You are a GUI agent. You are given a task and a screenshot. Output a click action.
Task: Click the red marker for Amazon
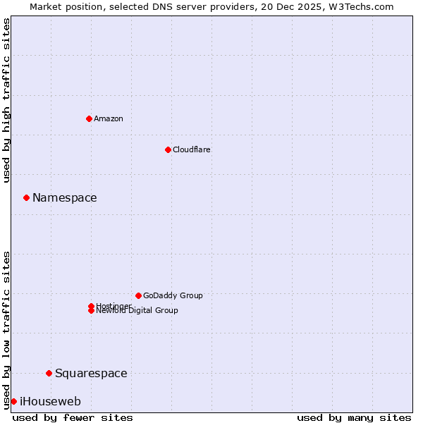(x=89, y=118)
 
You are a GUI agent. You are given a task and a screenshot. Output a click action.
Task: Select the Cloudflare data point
(x=168, y=149)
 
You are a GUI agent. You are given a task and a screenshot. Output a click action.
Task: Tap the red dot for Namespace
(x=26, y=197)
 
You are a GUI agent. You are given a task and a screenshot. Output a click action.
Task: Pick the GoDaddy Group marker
(x=138, y=295)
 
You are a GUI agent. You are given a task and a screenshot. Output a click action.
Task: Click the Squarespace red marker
(x=49, y=373)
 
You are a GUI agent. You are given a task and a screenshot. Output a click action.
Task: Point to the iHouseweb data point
(x=13, y=401)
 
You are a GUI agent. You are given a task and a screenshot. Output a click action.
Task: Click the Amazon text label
(x=109, y=118)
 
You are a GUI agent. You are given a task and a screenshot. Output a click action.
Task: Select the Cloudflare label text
(x=192, y=149)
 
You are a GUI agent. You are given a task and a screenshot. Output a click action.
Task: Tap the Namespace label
(x=65, y=197)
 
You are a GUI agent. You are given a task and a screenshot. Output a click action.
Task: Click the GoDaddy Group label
(x=173, y=295)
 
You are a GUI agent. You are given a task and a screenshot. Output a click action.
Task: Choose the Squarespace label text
(x=91, y=373)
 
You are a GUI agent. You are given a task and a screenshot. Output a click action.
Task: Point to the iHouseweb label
(x=50, y=401)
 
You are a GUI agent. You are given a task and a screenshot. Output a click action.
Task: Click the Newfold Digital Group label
(x=137, y=311)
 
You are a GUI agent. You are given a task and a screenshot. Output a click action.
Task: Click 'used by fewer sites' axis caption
(x=73, y=417)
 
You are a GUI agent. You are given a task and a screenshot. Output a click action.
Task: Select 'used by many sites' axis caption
(x=354, y=417)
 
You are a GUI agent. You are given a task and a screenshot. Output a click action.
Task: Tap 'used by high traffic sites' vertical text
(x=7, y=100)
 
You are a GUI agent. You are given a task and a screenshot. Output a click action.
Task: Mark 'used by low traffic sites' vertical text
(x=7, y=329)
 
